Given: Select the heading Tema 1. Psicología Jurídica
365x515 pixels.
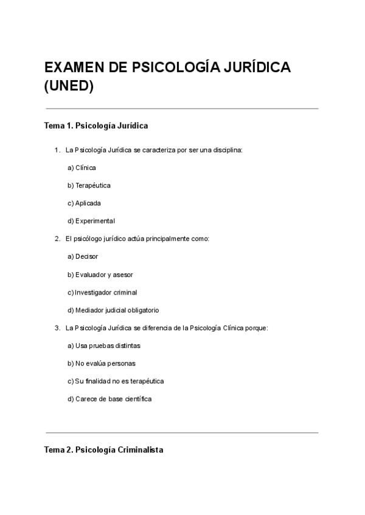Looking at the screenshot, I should (96, 126).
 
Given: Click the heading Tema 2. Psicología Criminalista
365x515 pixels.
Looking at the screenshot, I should (103, 451).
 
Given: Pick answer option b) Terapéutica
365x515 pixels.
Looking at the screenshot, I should (89, 185).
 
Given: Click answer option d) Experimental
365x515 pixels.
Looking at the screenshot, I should (91, 221).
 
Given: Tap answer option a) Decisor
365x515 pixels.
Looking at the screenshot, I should (83, 256).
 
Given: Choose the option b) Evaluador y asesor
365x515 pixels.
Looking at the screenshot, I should (100, 275).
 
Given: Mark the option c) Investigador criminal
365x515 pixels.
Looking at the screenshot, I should (102, 292).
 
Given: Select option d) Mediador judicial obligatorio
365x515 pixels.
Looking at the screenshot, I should (113, 310).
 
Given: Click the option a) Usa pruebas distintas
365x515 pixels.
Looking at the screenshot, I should (104, 346).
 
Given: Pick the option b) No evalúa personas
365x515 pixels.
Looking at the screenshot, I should (102, 363).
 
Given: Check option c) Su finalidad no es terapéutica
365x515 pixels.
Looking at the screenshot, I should (116, 381).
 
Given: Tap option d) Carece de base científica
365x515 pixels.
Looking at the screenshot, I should (109, 399).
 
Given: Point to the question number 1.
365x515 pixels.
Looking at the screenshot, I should (57, 149).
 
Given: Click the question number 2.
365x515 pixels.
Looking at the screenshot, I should (57, 239).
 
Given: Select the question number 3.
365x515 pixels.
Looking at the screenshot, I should (57, 328).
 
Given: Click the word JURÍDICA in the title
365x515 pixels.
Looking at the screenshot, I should (251, 67).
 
